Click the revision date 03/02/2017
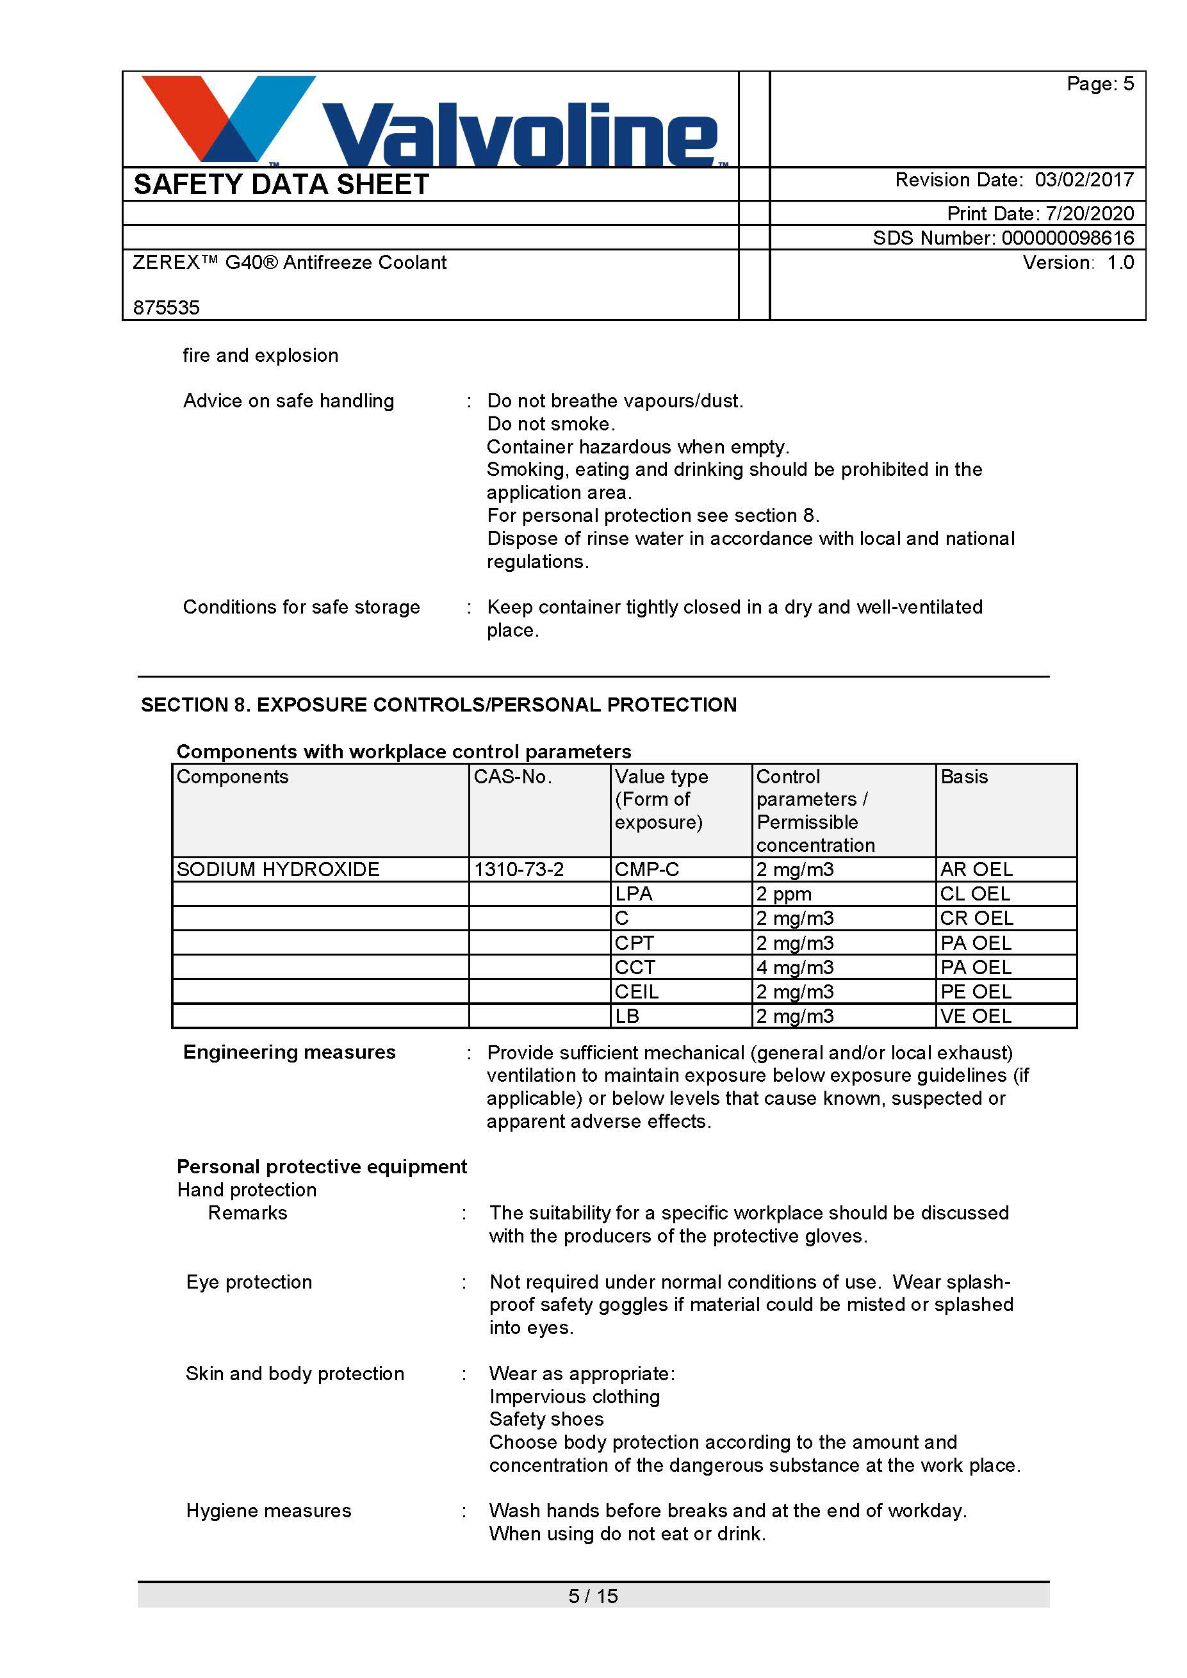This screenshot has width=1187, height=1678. pos(1083,180)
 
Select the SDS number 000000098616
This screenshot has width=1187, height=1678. pos(1067,238)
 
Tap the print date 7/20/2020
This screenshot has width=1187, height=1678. pos(1089,213)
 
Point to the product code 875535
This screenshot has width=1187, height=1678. pos(167,307)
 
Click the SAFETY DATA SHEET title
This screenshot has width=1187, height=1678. pos(281,184)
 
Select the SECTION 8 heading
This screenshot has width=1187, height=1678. pos(439,705)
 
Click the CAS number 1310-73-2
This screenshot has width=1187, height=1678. pos(519,869)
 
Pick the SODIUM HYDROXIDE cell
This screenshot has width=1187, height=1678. pos(279,869)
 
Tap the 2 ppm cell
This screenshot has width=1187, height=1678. pos(784,894)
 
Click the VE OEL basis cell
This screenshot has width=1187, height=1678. pos(976,1016)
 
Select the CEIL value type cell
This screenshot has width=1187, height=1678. pos(637,991)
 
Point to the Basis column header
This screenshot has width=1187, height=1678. pos(964,776)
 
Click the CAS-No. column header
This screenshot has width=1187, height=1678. pos(512,776)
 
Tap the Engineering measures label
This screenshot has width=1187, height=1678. pos(290,1052)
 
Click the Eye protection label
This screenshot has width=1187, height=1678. pos(249,1282)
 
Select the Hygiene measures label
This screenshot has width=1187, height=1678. pos(269,1511)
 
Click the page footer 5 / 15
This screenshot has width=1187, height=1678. pos(593,1596)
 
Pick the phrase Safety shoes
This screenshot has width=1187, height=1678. pos(546,1419)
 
